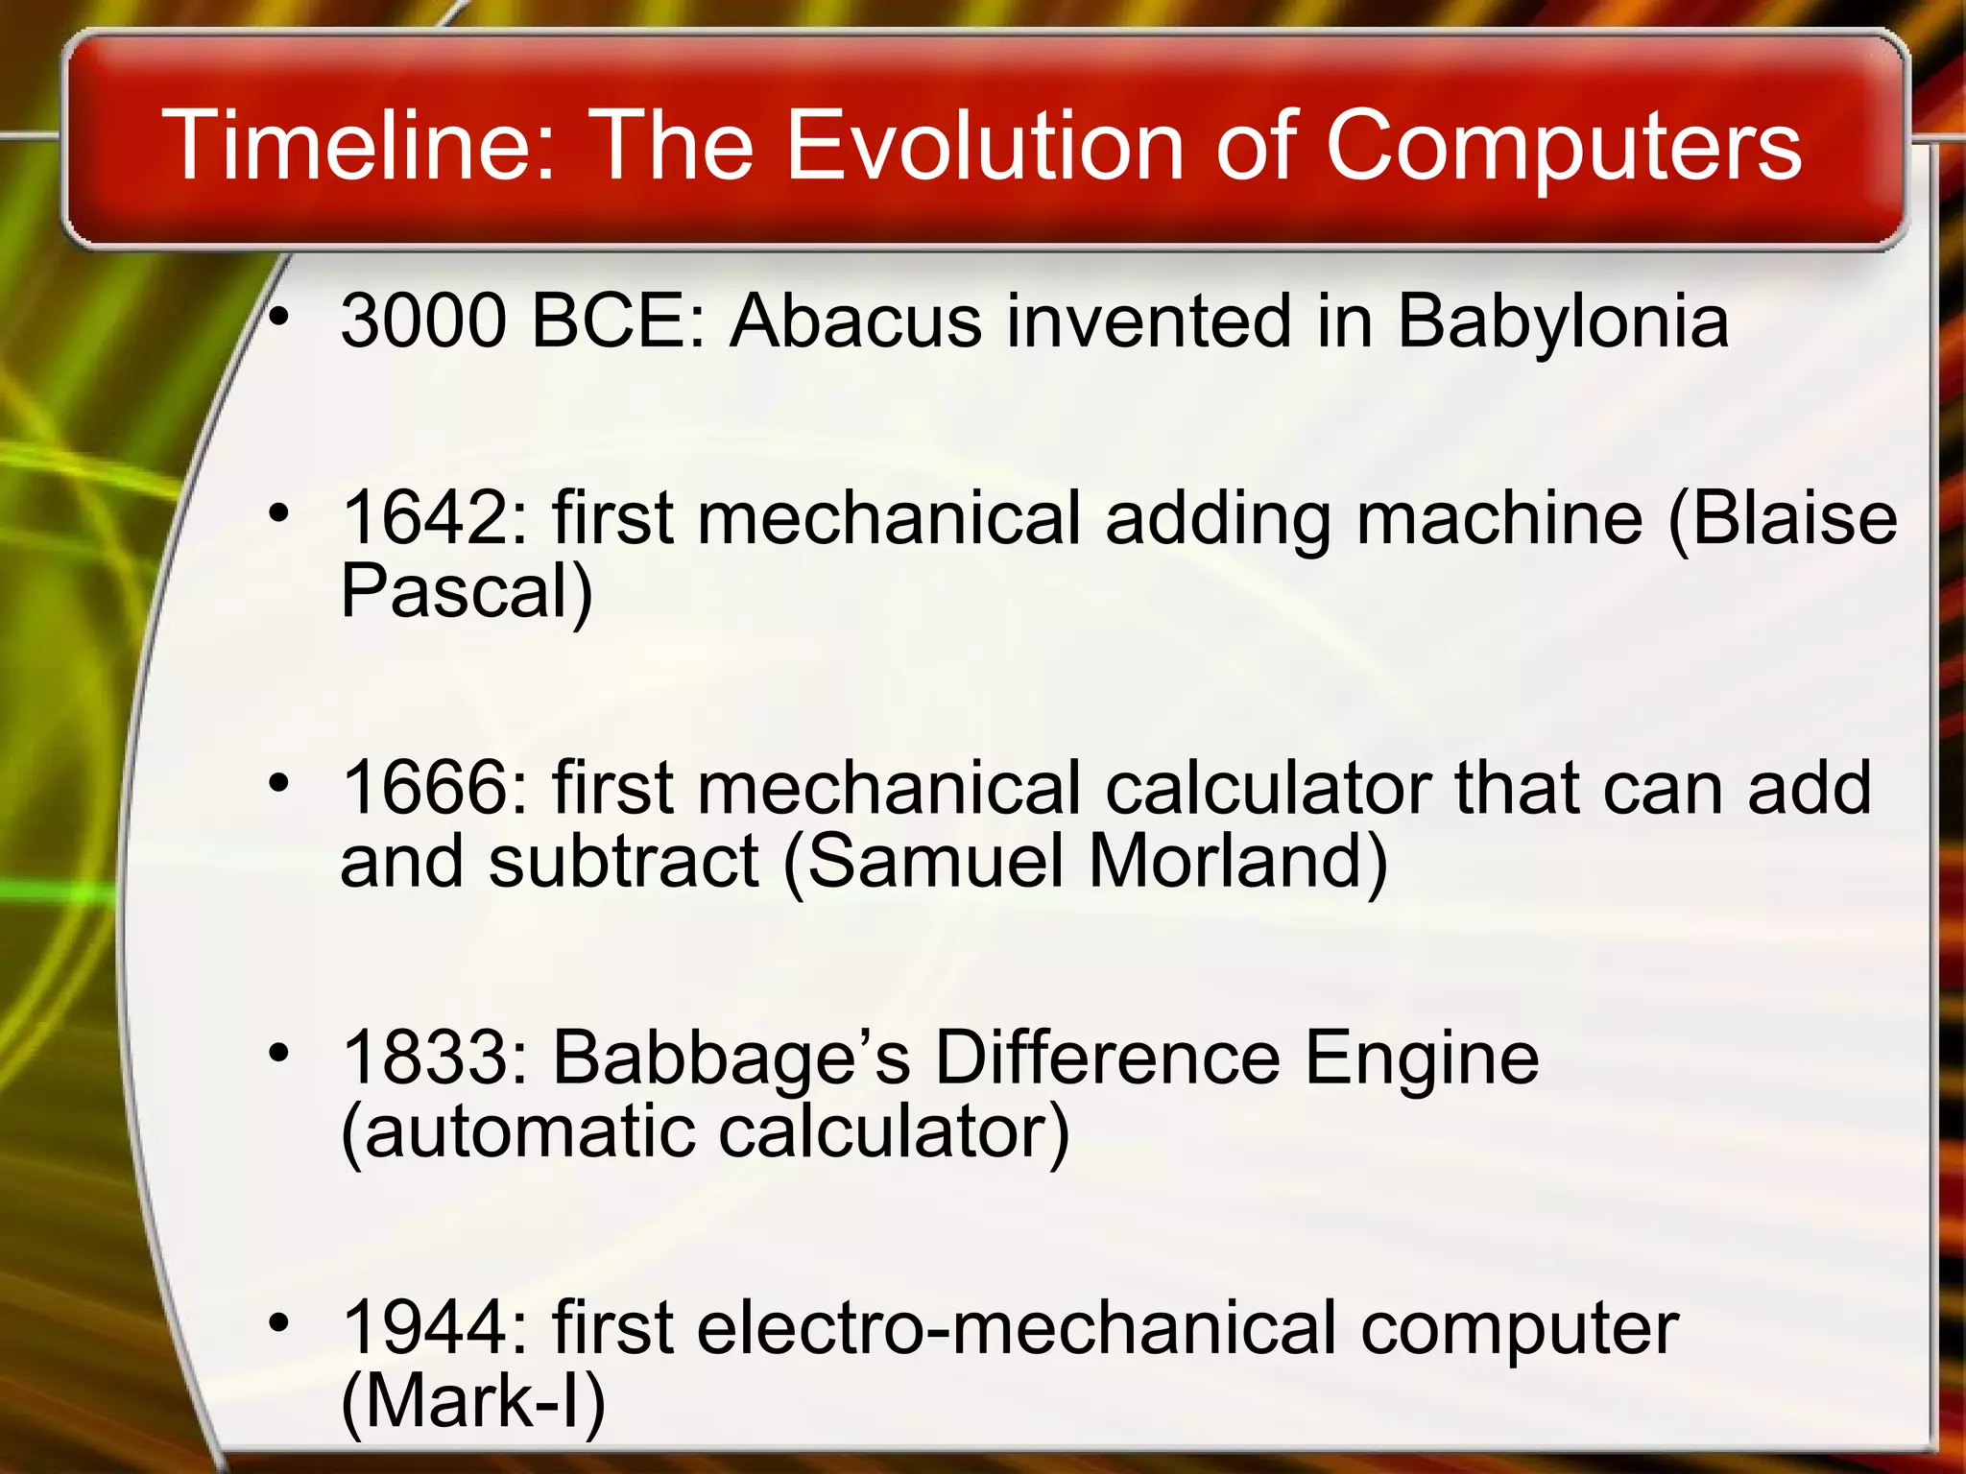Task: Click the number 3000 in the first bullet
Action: click(423, 321)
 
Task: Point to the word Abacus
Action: click(855, 321)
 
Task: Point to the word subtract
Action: click(624, 862)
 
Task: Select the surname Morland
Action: click(1238, 862)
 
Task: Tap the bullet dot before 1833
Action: click(278, 1054)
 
